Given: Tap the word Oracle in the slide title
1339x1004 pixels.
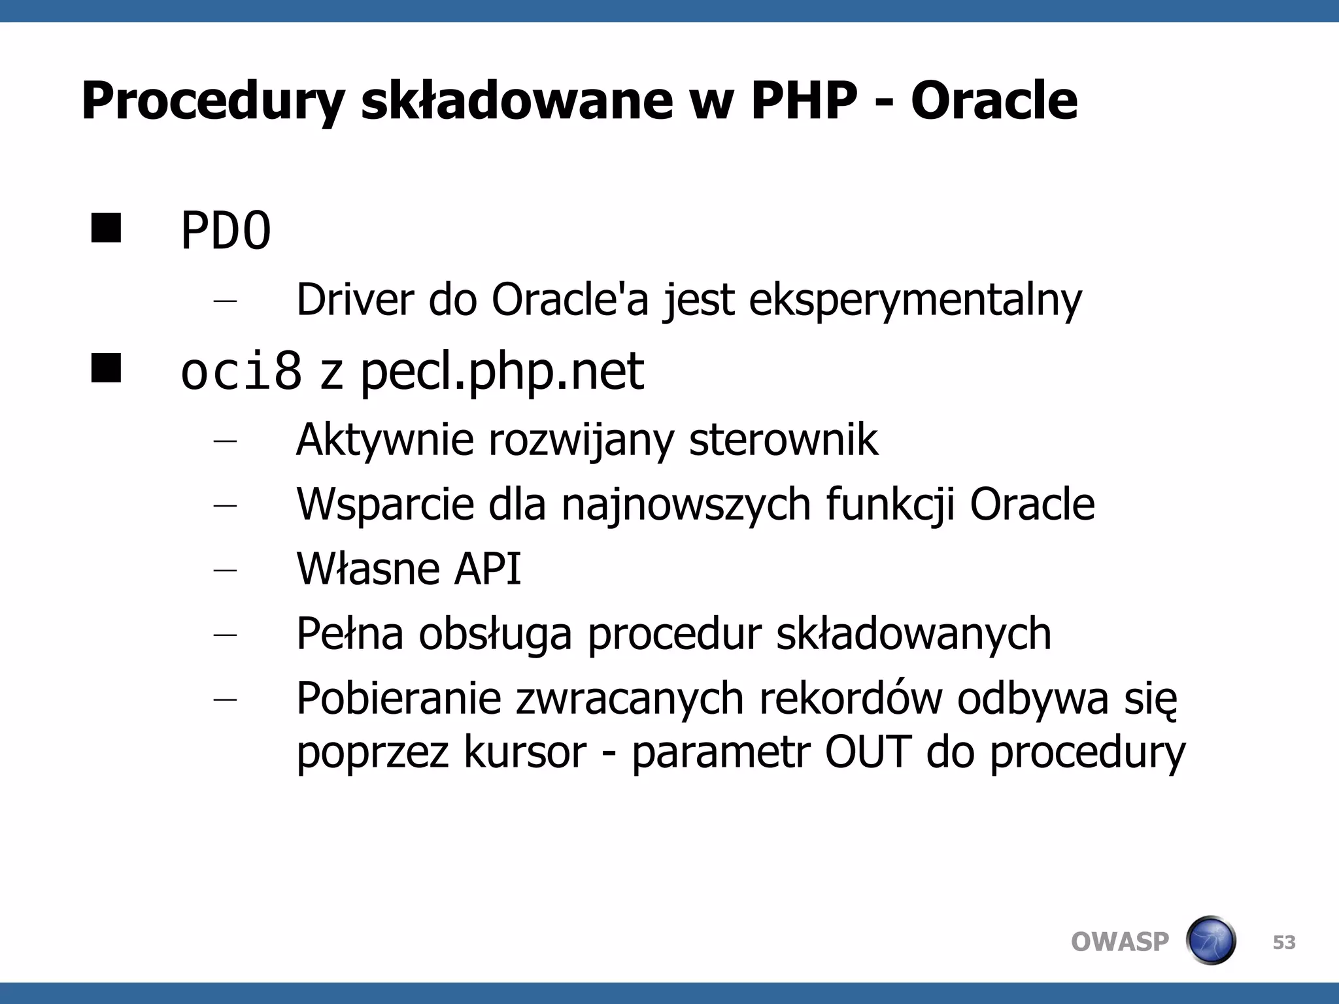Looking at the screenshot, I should click(x=994, y=101).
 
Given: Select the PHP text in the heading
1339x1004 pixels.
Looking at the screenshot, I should click(x=804, y=101).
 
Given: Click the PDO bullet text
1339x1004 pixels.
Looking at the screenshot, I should click(x=226, y=231).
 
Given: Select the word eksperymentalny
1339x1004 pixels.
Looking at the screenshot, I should click(x=915, y=301).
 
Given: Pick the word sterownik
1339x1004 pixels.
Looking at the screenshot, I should click(x=783, y=439).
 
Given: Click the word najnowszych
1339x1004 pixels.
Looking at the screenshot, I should click(x=686, y=505).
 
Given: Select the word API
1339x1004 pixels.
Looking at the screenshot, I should click(x=487, y=569).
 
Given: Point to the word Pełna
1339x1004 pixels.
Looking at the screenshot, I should click(x=350, y=633).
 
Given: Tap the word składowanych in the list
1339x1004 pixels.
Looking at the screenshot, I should click(x=913, y=633).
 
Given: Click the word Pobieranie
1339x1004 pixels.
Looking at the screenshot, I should click(x=398, y=699).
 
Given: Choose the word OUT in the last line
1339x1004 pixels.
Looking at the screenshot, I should click(x=868, y=752).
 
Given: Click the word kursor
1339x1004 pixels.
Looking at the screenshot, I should click(x=525, y=752).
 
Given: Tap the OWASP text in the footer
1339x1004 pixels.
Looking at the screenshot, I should click(x=1119, y=942).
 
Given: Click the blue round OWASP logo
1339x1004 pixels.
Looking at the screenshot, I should click(x=1210, y=941).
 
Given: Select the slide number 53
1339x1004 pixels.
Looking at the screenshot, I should click(x=1284, y=943).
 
